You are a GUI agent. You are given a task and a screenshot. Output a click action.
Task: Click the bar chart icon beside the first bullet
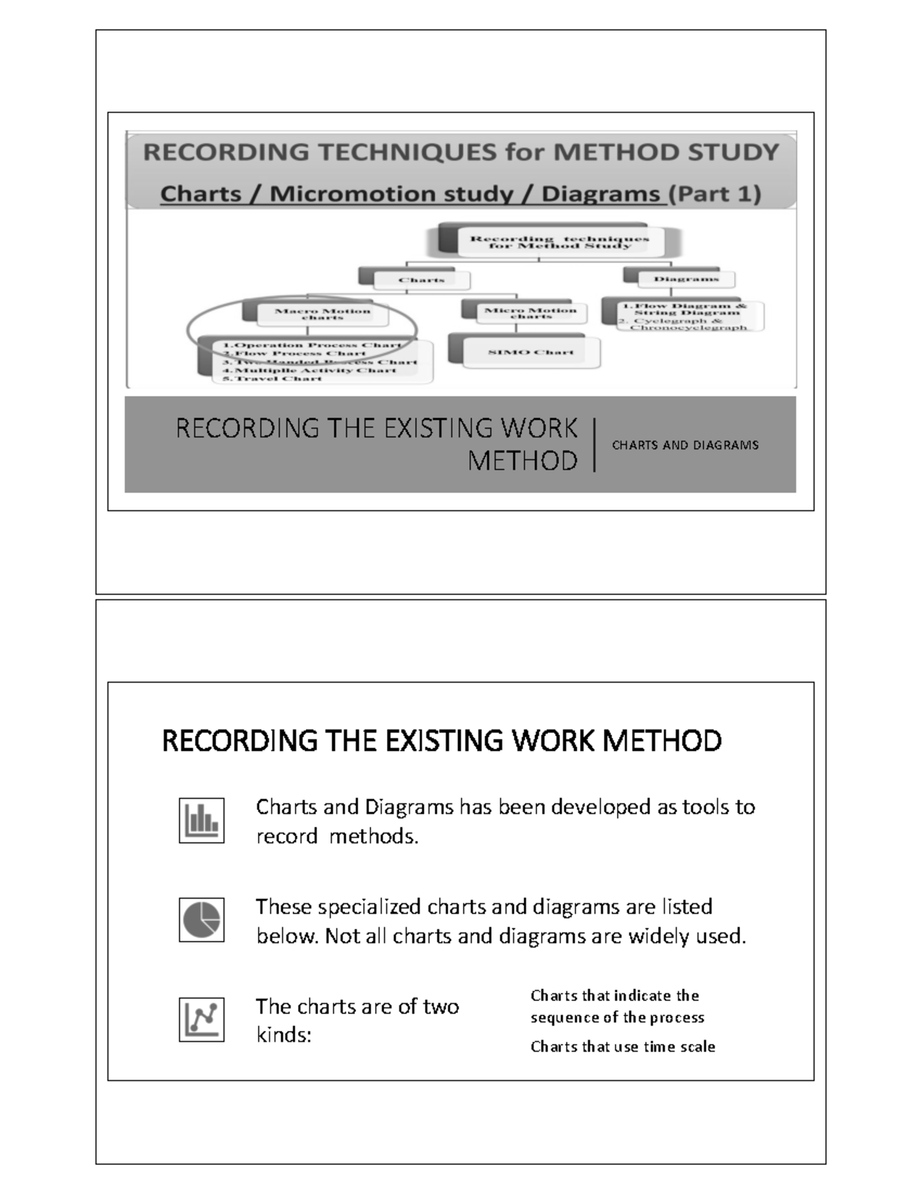point(201,820)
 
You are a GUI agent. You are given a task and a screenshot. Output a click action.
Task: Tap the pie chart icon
point(201,920)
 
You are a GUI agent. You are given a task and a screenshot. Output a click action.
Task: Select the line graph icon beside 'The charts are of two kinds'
point(201,1019)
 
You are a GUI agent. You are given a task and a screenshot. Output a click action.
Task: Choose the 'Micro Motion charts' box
point(530,313)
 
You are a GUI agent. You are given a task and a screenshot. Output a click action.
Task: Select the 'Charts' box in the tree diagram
point(421,280)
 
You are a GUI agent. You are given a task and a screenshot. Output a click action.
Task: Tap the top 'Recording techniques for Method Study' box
point(559,242)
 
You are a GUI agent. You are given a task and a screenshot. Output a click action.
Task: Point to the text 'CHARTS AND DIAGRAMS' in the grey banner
point(685,445)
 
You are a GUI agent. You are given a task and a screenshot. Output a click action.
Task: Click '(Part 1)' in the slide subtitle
point(715,194)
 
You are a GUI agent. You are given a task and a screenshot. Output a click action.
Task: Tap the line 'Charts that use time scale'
point(622,1046)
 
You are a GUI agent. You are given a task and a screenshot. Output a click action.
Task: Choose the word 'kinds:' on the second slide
point(284,1035)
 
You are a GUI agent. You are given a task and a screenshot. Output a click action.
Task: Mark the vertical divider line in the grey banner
point(595,444)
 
